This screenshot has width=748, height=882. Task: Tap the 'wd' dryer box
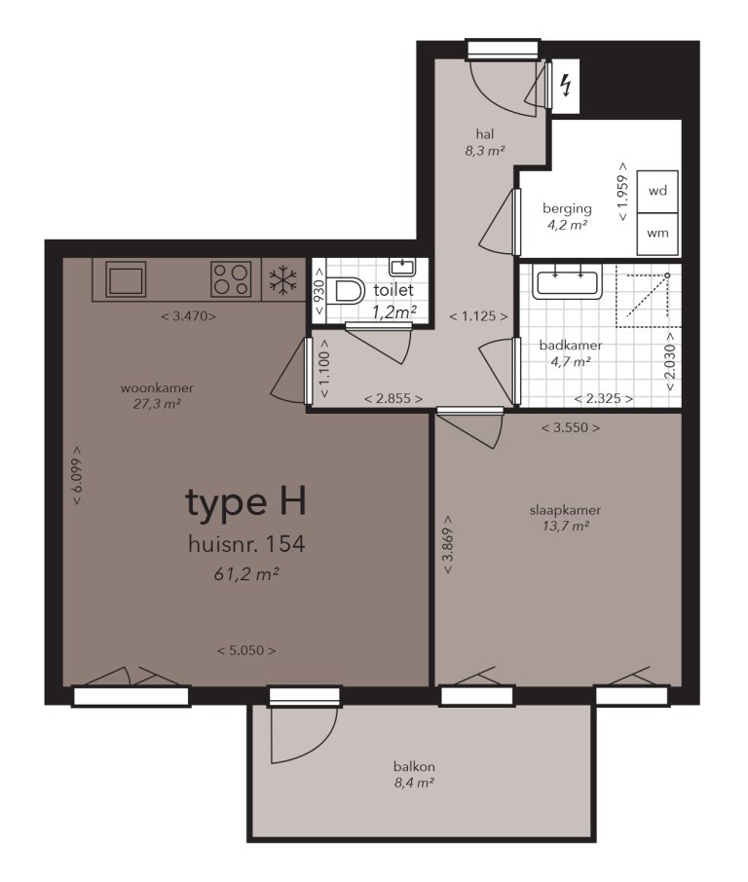(657, 191)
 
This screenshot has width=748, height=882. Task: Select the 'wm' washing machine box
(657, 234)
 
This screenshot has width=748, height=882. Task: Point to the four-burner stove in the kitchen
(233, 280)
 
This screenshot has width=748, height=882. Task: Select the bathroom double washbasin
(566, 282)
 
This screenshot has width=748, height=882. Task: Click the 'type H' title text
(245, 502)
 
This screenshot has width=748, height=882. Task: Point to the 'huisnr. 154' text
(245, 544)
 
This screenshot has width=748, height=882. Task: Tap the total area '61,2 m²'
(245, 575)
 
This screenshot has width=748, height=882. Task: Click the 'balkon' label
(414, 766)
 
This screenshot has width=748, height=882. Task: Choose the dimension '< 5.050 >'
(245, 650)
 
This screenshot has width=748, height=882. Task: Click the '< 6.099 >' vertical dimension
(76, 475)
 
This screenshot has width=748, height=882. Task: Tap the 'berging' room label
(567, 207)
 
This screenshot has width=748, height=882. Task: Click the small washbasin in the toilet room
(401, 266)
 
